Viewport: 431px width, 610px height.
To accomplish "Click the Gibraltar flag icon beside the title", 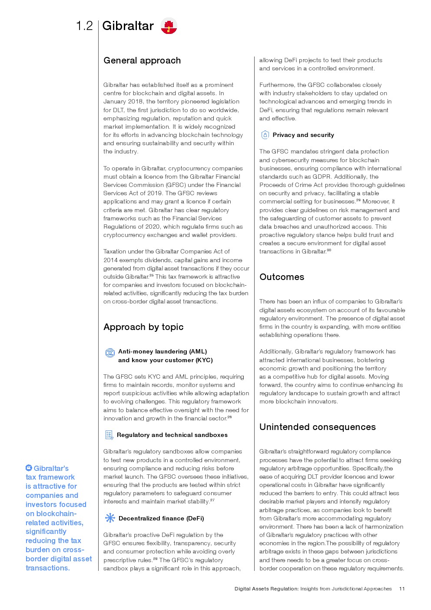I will pos(169,26).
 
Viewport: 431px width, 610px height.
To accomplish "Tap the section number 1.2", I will pos(84,26).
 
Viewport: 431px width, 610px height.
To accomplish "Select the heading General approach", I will pos(142,60).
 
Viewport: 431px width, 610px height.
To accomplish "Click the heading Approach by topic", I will pos(143,327).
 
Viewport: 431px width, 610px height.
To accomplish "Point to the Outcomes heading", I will pos(282,277).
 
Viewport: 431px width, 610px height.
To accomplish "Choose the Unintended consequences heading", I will pos(317,427).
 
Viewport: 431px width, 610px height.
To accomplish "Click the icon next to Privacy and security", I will pos(265,135).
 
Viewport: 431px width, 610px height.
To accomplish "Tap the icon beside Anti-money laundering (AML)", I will pos(110,353).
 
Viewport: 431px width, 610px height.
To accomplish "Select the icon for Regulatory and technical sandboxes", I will pos(109,435).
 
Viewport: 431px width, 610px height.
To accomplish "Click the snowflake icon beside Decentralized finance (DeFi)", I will pos(110,518).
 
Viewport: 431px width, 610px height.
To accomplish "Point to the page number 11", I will pos(402,589).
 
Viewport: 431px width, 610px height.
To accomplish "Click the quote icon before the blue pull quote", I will pos(29,468).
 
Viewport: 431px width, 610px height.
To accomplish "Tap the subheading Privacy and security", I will pos(303,135).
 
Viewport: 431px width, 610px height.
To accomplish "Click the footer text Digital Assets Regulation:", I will pos(266,589).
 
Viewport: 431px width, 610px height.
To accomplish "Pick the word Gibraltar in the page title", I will pos(128,26).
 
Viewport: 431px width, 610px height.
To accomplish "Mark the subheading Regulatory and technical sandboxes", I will pos(172,435).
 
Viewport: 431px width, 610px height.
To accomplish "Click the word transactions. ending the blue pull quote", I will pos(48,568).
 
